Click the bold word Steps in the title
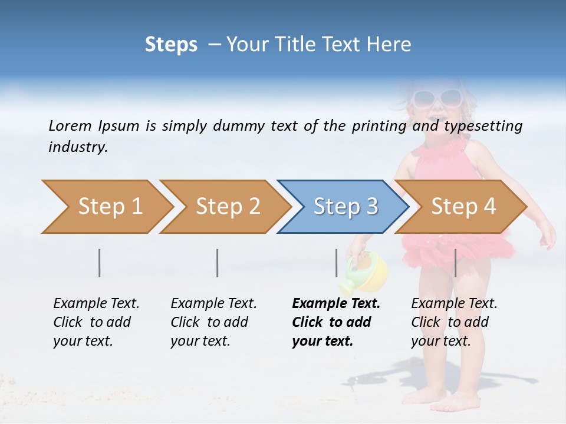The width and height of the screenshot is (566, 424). (x=171, y=45)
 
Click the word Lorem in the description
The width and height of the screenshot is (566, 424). (x=70, y=125)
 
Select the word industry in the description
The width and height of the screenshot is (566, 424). (x=77, y=147)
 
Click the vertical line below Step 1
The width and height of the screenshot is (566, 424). (x=100, y=263)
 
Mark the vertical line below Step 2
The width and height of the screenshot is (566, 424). (x=218, y=263)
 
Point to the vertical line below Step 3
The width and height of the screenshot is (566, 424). (x=337, y=263)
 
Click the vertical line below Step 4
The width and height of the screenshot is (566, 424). (x=455, y=263)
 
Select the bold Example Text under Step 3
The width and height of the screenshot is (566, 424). (x=335, y=322)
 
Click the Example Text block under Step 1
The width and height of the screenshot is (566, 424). (x=96, y=322)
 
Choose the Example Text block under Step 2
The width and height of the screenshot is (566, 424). (x=213, y=322)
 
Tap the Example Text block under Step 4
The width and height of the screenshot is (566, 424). (x=454, y=322)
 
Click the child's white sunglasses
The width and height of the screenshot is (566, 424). (x=437, y=97)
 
